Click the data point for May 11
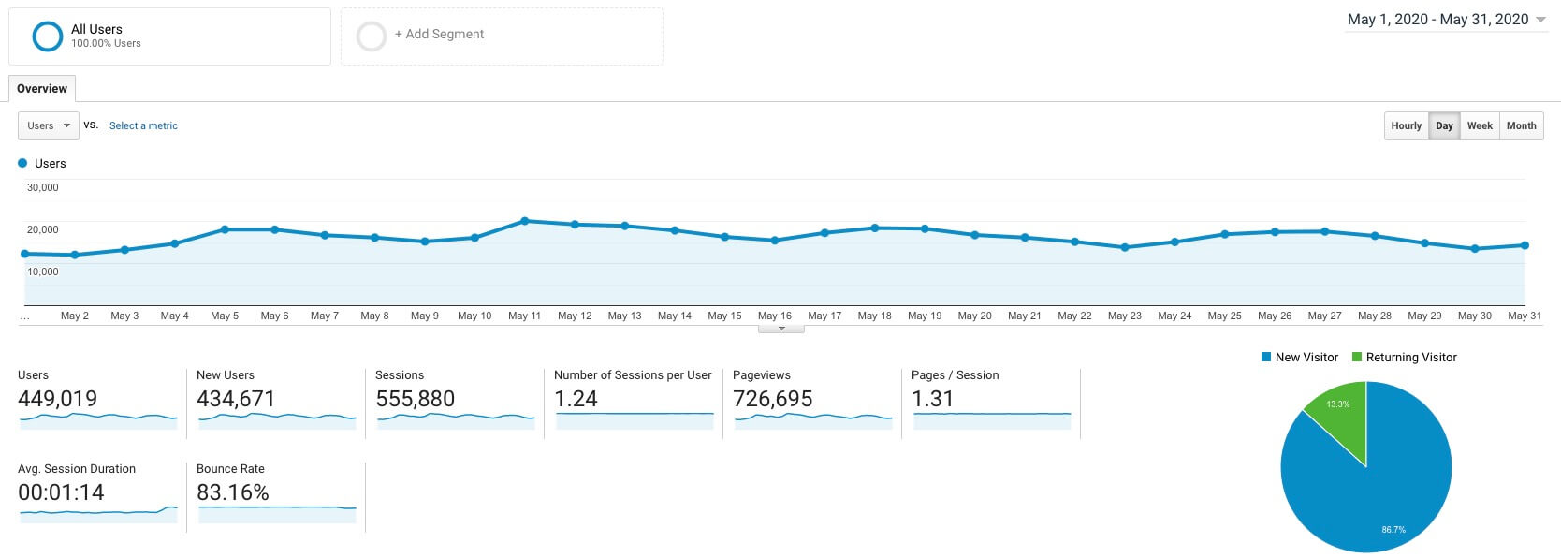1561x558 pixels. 525,221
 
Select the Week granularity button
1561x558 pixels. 1480,125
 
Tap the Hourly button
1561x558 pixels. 1406,125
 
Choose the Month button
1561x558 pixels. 1521,125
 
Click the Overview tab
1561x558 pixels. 42,89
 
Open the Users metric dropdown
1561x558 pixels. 49,125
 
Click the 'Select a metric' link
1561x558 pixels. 143,125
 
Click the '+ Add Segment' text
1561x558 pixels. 439,35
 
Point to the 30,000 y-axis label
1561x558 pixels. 43,187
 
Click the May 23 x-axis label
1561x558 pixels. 1124,316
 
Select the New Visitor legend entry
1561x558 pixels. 1300,358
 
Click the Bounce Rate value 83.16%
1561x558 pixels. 233,492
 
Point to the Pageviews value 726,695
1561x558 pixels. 773,399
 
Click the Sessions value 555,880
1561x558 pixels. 416,399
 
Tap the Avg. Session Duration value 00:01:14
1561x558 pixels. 62,492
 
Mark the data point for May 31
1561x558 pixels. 1525,245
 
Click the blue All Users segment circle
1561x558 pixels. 48,37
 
